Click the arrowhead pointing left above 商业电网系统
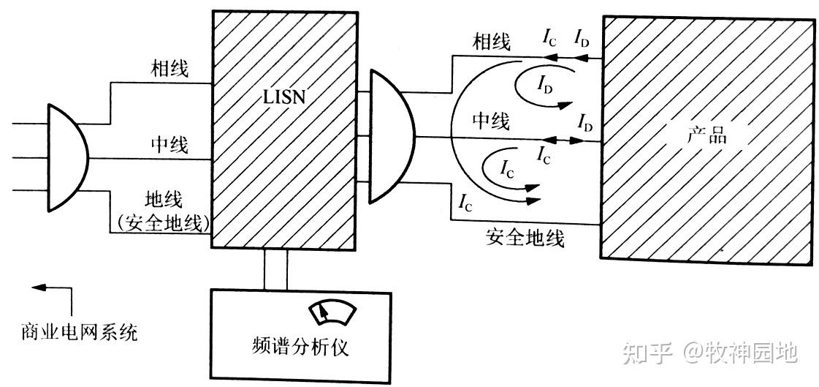[39, 288]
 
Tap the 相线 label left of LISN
[169, 69]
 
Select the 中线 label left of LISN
[169, 145]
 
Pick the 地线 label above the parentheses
[165, 198]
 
